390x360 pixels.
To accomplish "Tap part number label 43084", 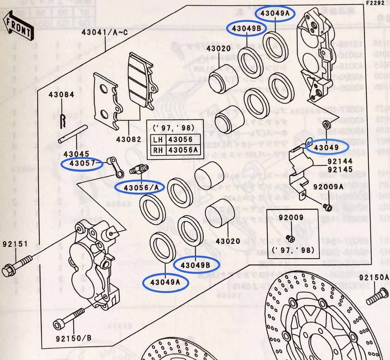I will point(62,95).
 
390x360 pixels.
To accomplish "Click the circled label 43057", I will point(82,164).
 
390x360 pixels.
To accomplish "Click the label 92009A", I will point(328,187).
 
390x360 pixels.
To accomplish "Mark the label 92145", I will point(340,169).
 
